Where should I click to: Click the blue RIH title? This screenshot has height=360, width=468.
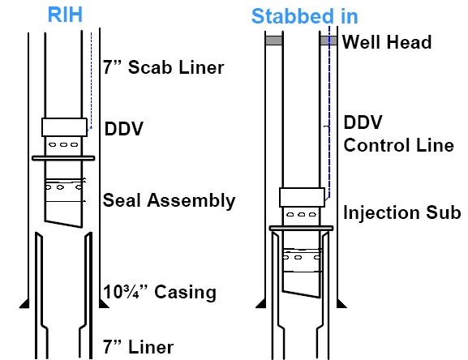(x=65, y=15)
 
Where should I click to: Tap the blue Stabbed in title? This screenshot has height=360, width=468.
(x=304, y=16)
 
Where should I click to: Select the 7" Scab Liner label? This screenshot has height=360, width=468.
(x=163, y=67)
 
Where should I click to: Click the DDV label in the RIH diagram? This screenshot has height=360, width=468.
(x=124, y=129)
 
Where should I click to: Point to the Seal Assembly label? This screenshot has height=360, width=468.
(x=169, y=200)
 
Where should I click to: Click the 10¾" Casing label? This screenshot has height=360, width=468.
(x=160, y=292)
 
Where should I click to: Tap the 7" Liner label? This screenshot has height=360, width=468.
(x=138, y=347)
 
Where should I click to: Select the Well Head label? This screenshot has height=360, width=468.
(x=387, y=42)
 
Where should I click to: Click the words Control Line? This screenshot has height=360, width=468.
(x=399, y=145)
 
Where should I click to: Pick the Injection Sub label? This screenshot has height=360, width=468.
(x=402, y=212)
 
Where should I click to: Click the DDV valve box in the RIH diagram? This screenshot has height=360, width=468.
(x=64, y=127)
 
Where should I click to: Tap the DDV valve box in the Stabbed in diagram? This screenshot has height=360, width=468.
(x=302, y=197)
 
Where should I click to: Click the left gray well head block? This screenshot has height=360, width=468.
(x=274, y=41)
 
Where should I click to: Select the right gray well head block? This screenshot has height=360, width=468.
(x=328, y=41)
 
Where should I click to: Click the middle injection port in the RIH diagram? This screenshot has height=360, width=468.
(x=63, y=145)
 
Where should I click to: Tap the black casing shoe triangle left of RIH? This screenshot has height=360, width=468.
(x=25, y=303)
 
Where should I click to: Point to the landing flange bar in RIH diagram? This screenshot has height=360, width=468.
(x=63, y=158)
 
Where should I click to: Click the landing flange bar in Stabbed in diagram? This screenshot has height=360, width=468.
(x=301, y=228)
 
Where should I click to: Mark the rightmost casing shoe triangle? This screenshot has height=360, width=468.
(x=341, y=303)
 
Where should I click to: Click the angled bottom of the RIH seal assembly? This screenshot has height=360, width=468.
(x=63, y=225)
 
